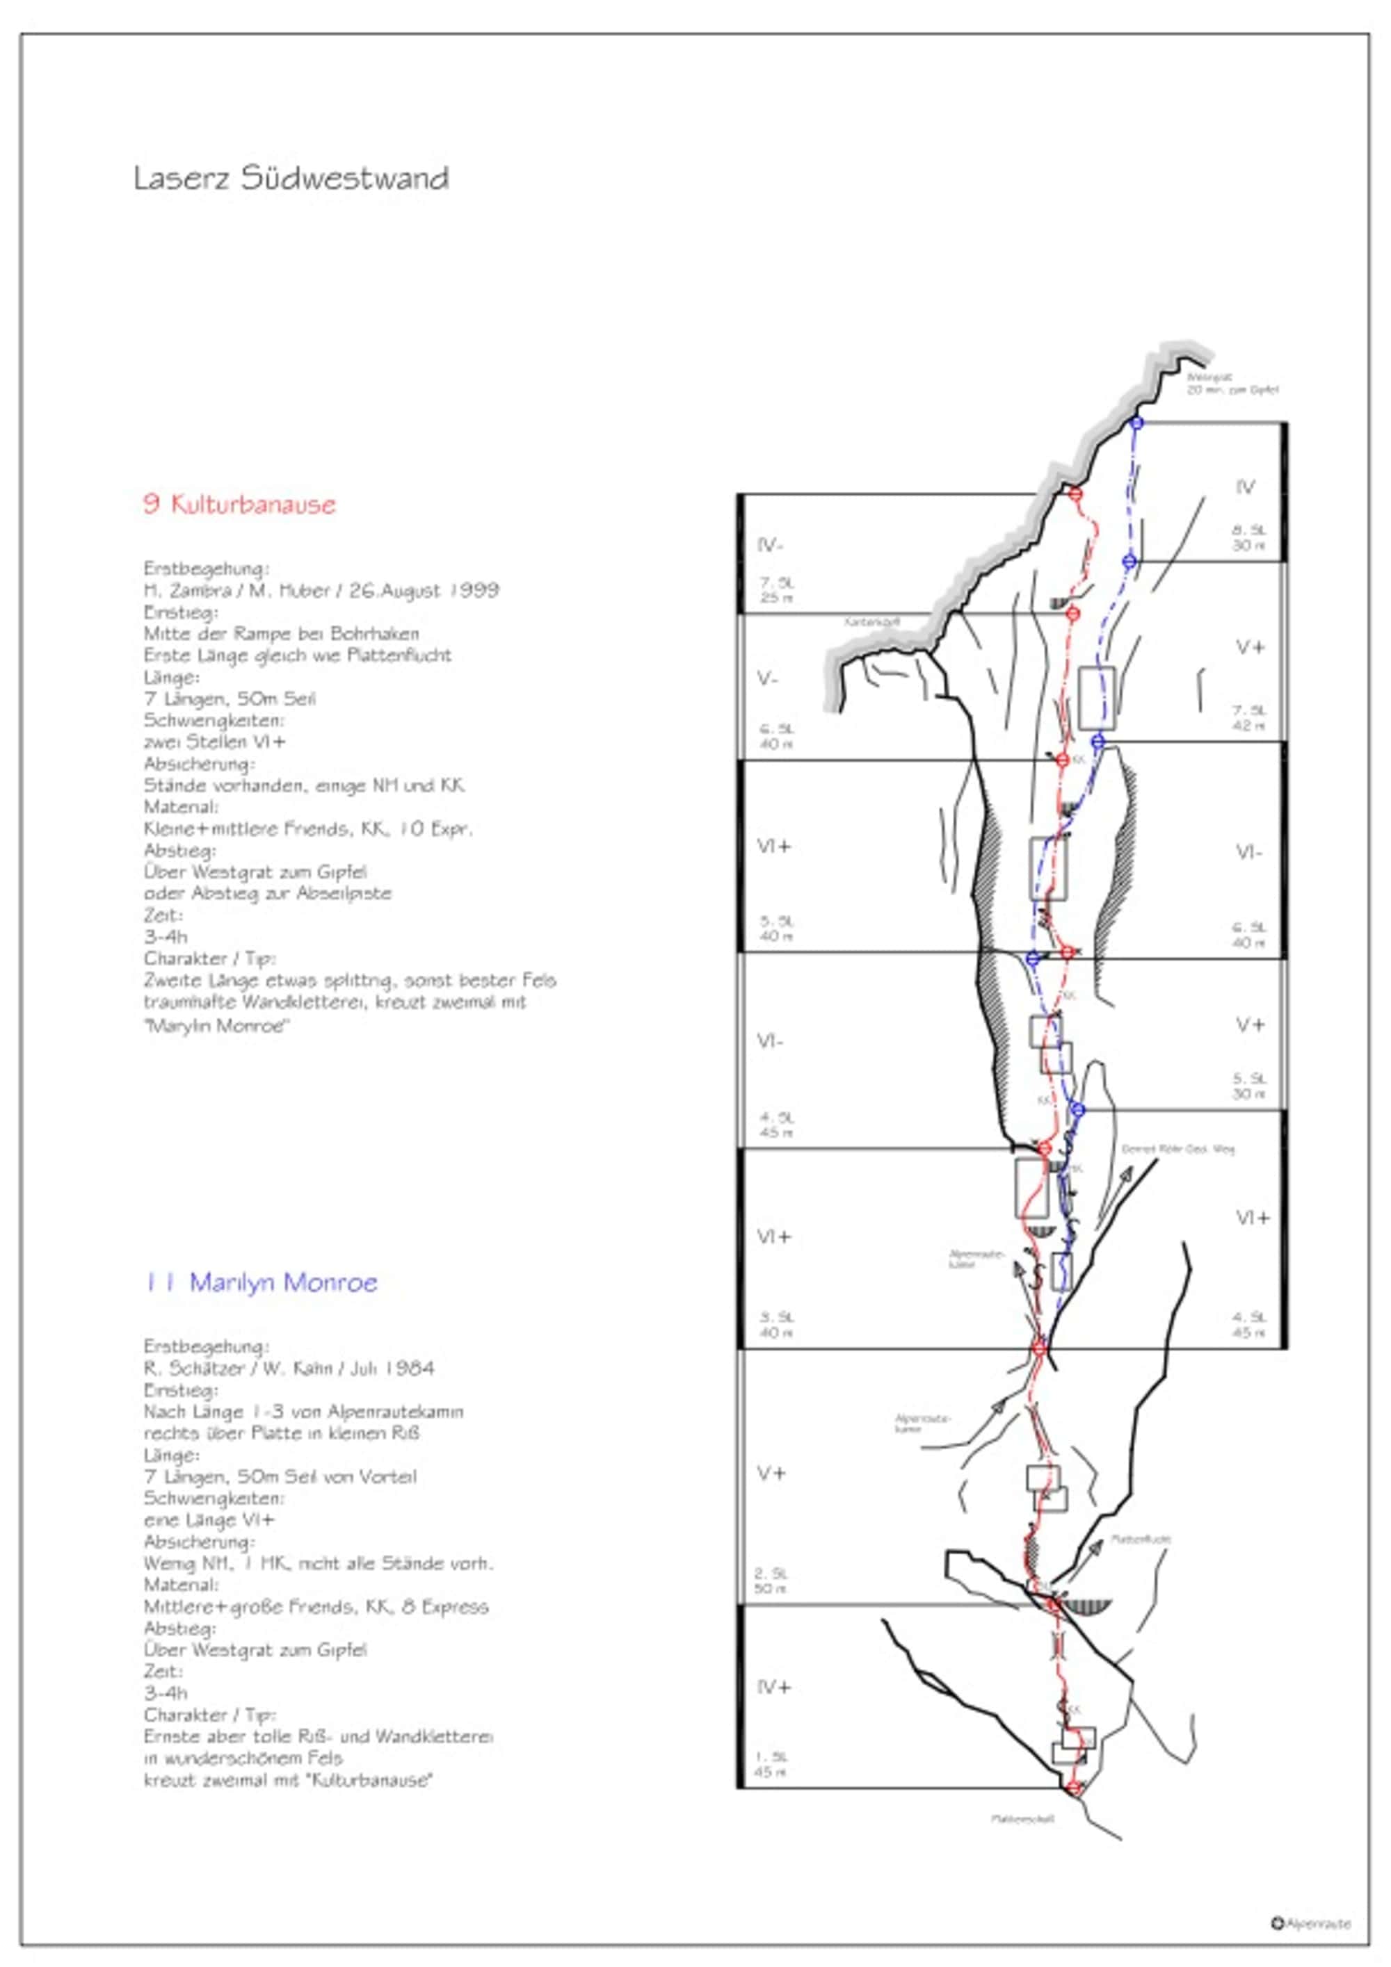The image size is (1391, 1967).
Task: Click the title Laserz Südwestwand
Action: pyautogui.click(x=291, y=178)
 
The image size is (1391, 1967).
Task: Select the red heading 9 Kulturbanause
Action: pyautogui.click(x=239, y=504)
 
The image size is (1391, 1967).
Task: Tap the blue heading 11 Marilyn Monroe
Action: pyautogui.click(x=262, y=1282)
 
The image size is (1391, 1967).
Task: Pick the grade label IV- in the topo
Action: pyautogui.click(x=771, y=545)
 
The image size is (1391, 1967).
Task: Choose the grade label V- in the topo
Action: pyautogui.click(x=768, y=678)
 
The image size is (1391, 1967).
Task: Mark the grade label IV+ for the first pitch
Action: pyautogui.click(x=774, y=1687)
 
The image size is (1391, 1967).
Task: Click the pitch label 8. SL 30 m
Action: pyautogui.click(x=1248, y=538)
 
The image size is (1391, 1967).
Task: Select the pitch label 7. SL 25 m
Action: pyautogui.click(x=775, y=589)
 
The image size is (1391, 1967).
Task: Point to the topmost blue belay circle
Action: pyautogui.click(x=1136, y=423)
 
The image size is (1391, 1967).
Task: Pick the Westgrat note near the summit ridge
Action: pyautogui.click(x=1232, y=383)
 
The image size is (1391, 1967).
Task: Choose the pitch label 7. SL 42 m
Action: pyautogui.click(x=1248, y=718)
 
